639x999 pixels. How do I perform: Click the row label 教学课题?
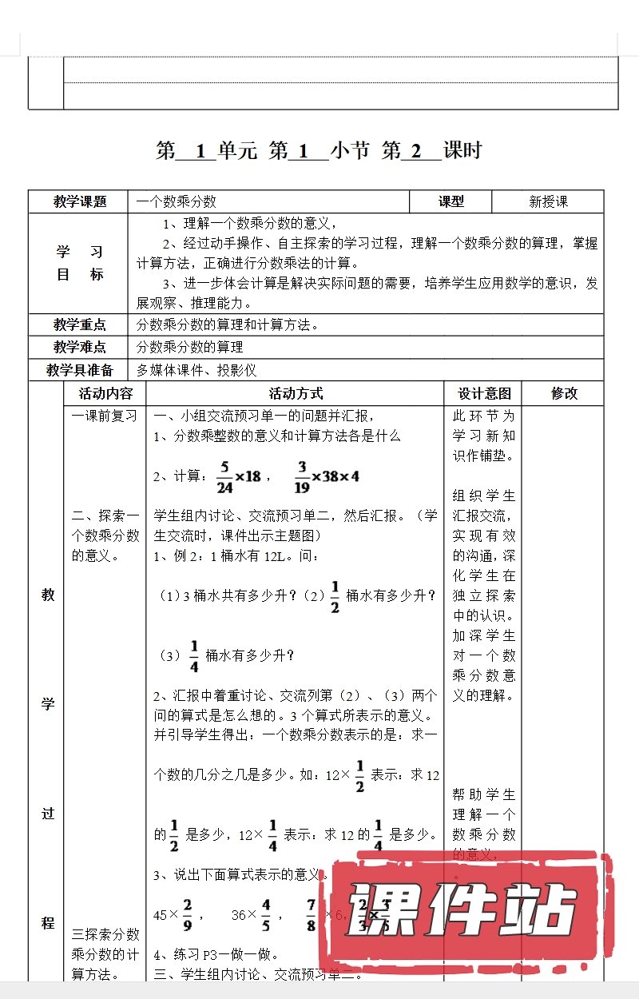coord(80,202)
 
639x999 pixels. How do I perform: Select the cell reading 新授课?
coord(549,202)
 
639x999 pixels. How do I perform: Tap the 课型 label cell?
coord(451,202)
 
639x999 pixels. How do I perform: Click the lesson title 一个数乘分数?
coord(177,202)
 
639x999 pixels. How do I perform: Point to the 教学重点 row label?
coord(80,324)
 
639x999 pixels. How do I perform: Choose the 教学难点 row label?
coord(80,347)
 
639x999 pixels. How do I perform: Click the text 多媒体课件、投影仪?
coord(196,370)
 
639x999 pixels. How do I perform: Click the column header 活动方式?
coord(296,393)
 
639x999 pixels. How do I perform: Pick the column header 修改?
coord(564,393)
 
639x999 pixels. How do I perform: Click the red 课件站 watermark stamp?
coord(466,911)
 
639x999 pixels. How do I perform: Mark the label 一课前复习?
coord(105,416)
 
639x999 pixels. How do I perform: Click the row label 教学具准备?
coord(80,370)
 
